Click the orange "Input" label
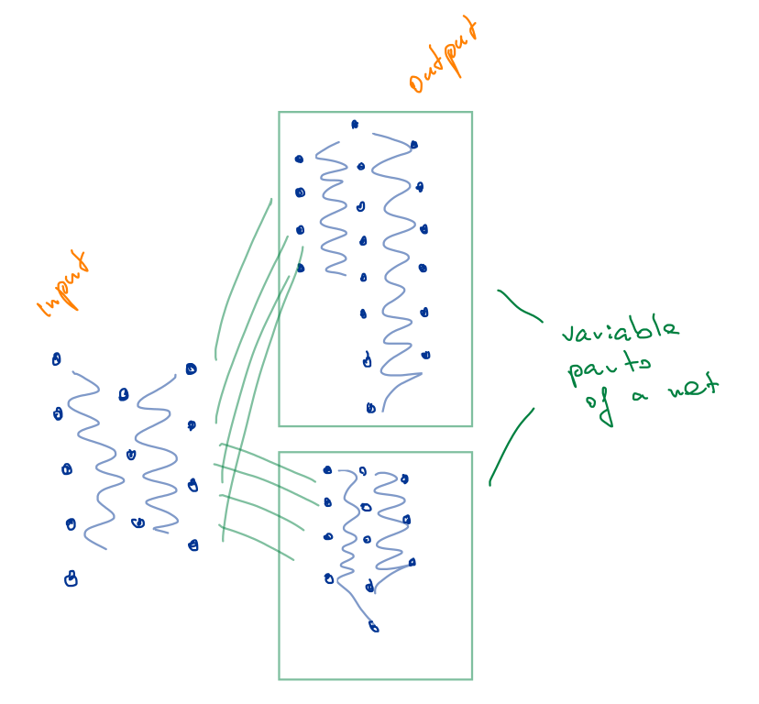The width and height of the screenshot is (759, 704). coord(65,283)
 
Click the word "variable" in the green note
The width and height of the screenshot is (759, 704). coord(621,333)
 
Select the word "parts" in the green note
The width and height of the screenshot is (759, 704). coord(609,368)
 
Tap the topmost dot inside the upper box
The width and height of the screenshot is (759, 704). coord(355,125)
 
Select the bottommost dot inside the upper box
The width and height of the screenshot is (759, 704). coord(370,408)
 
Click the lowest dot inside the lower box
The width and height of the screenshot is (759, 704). coord(373,627)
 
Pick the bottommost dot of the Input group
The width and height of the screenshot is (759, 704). coord(71,578)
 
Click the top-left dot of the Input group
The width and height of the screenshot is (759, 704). coord(56,359)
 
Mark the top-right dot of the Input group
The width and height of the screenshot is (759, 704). coord(191,369)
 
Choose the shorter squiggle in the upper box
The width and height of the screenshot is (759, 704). coord(332,211)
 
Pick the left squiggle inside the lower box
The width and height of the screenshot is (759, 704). coord(348,532)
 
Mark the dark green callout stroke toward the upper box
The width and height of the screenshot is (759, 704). coord(519,306)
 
